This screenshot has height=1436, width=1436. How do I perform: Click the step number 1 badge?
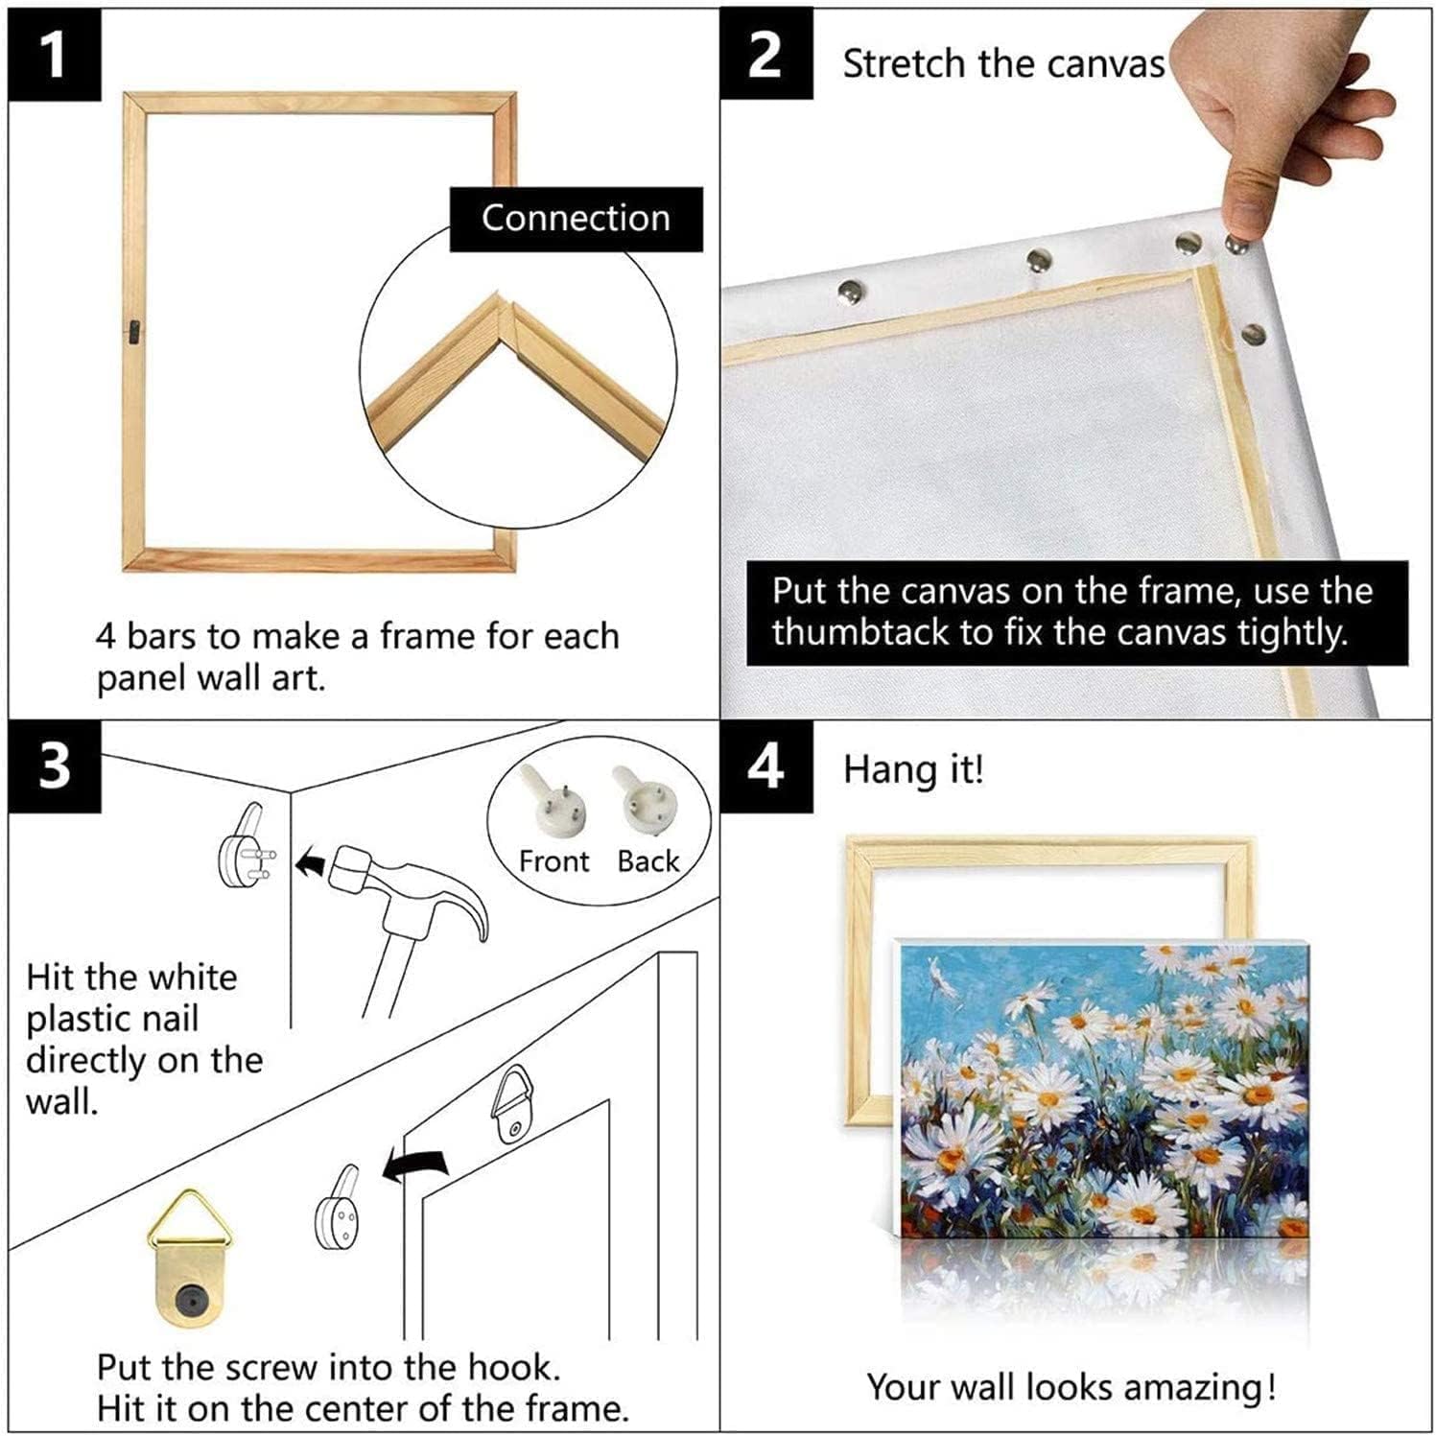pyautogui.click(x=55, y=55)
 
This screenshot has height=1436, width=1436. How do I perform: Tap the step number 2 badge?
pyautogui.click(x=766, y=55)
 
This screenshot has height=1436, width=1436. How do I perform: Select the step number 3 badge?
pyautogui.click(x=55, y=766)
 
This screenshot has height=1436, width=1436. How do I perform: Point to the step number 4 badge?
pyautogui.click(x=766, y=766)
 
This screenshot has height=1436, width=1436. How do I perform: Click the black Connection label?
pyautogui.click(x=576, y=219)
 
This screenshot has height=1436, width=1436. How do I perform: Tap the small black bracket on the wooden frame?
pyautogui.click(x=133, y=330)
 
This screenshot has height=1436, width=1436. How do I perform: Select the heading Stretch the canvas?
pyautogui.click(x=1002, y=64)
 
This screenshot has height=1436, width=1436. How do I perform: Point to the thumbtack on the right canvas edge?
pyautogui.click(x=1253, y=334)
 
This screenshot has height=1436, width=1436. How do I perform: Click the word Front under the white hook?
pyautogui.click(x=553, y=861)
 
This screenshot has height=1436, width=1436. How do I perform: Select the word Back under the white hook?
pyautogui.click(x=648, y=861)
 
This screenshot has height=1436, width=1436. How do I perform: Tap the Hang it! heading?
pyautogui.click(x=913, y=770)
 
